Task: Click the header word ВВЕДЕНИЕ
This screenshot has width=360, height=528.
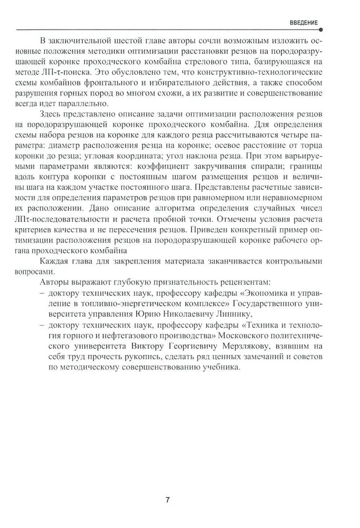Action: pos(304,23)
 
